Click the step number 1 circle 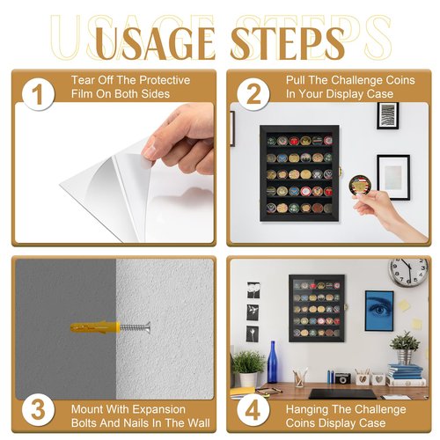pyautogui.click(x=38, y=94)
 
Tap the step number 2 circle pyautogui.click(x=253, y=94)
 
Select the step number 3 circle pyautogui.click(x=38, y=410)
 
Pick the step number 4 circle pyautogui.click(x=253, y=410)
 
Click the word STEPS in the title pyautogui.click(x=288, y=43)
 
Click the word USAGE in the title pyautogui.click(x=155, y=43)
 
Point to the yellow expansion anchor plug pyautogui.click(x=95, y=326)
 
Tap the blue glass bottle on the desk pyautogui.click(x=273, y=362)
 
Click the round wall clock pyautogui.click(x=408, y=271)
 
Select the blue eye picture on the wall pyautogui.click(x=379, y=311)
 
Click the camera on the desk pyautogui.click(x=343, y=378)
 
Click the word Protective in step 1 pyautogui.click(x=165, y=80)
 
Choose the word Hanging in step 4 pyautogui.click(x=307, y=409)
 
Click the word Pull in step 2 pyautogui.click(x=296, y=80)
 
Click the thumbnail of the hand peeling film pyautogui.click(x=114, y=172)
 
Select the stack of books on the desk pyautogui.click(x=406, y=375)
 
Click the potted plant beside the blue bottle pyautogui.click(x=248, y=369)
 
